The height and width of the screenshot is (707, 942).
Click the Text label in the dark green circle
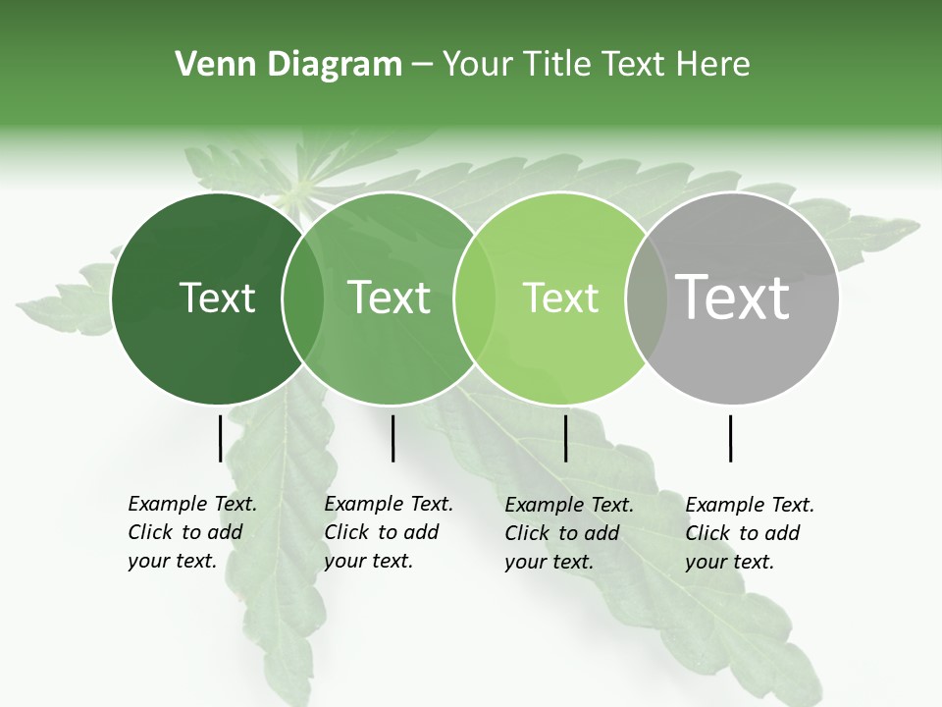point(217,298)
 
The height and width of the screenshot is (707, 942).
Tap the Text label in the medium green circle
point(389,298)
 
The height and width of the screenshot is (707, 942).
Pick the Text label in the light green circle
point(560,298)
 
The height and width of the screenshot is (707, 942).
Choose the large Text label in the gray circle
point(732,298)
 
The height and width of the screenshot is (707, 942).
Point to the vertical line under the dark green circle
point(221,438)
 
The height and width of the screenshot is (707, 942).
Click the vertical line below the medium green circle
point(392,438)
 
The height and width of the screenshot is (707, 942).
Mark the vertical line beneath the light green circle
point(565,438)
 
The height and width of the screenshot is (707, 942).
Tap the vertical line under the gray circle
point(731,438)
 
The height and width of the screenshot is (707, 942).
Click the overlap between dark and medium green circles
point(303,299)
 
